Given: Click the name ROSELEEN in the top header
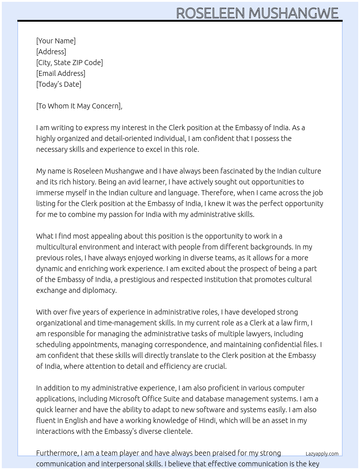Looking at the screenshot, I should (210, 13).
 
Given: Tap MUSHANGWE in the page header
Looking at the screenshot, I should (293, 13).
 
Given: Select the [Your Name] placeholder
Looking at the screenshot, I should (56, 41).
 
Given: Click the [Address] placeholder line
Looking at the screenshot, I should (51, 52).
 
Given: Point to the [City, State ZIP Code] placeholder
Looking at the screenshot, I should (69, 63).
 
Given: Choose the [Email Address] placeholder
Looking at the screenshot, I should (61, 73).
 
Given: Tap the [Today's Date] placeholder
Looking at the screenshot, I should (59, 84).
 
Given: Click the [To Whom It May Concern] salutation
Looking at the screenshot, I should (79, 106).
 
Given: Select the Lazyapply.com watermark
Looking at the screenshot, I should (322, 454).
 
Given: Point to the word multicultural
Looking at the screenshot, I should (57, 247).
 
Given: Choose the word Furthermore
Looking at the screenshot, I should (57, 453).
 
